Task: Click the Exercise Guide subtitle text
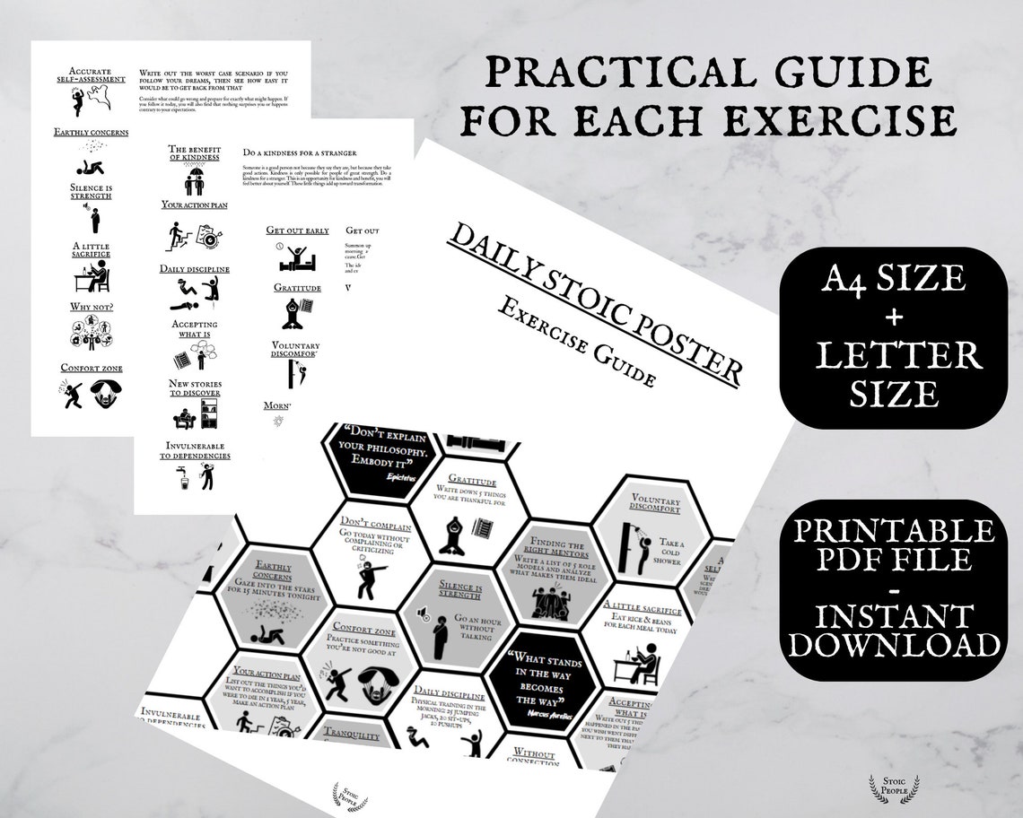tap(574, 343)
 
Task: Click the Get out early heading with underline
tap(298, 231)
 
